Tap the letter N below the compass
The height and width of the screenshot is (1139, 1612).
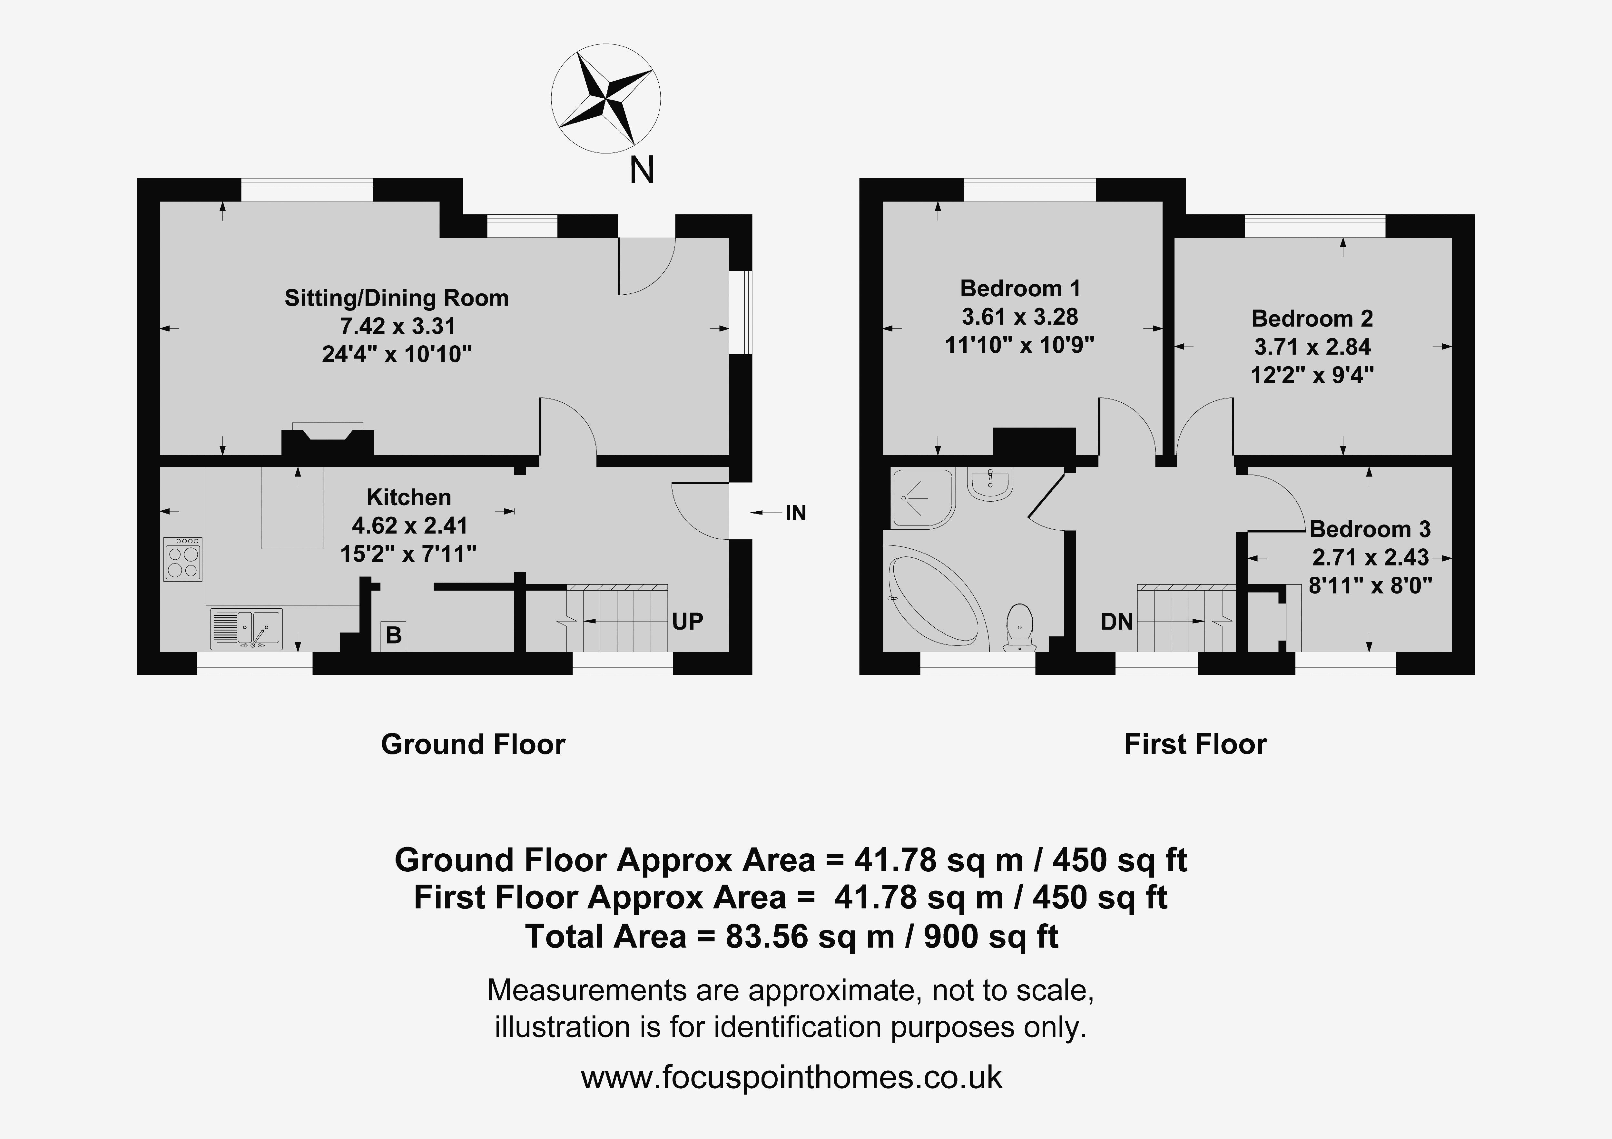642,170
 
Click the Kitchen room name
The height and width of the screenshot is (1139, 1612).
408,497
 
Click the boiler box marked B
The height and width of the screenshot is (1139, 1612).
394,635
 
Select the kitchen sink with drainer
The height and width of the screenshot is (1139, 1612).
246,628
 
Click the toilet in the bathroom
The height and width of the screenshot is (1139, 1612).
1019,626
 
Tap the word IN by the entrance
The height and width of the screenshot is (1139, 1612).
795,513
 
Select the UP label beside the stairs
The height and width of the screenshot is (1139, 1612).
687,622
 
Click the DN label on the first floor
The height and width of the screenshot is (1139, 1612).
1117,622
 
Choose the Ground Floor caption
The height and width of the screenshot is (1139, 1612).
473,744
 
